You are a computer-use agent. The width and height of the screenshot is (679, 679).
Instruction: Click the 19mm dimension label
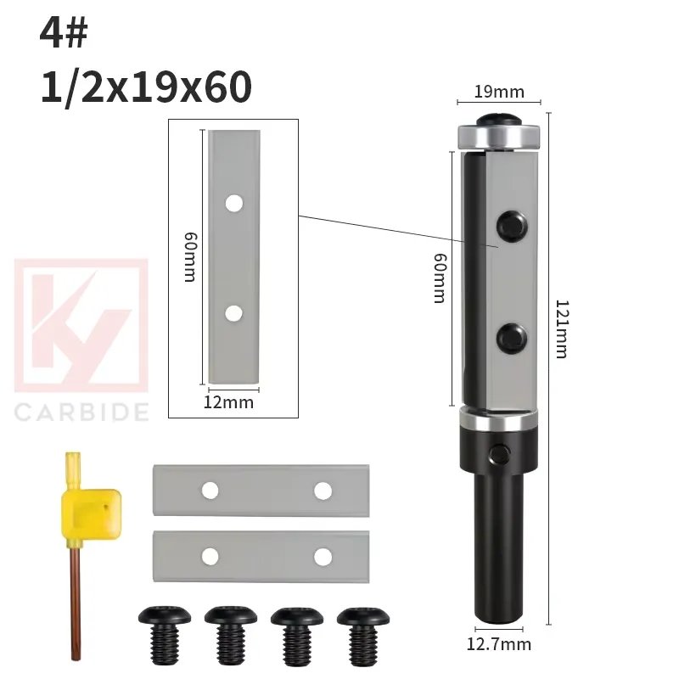click(x=498, y=92)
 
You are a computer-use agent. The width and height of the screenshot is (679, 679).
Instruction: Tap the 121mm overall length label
click(x=561, y=328)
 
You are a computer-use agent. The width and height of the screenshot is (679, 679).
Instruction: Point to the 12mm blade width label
click(x=229, y=402)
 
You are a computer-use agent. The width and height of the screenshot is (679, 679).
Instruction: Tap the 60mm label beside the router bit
click(x=439, y=276)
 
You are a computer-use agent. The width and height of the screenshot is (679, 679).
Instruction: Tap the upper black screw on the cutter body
click(x=511, y=224)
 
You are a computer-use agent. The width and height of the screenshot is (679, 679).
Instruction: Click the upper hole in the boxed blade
click(x=233, y=203)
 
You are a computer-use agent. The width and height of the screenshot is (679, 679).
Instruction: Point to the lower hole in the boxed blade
click(x=233, y=313)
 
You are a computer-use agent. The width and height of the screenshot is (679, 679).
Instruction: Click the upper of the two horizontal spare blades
click(x=261, y=491)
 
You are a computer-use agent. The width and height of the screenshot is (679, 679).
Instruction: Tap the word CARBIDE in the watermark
click(x=82, y=412)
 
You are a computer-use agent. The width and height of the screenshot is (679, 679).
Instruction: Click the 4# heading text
click(x=64, y=36)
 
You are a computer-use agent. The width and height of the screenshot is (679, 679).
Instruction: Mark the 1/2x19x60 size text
click(x=146, y=87)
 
